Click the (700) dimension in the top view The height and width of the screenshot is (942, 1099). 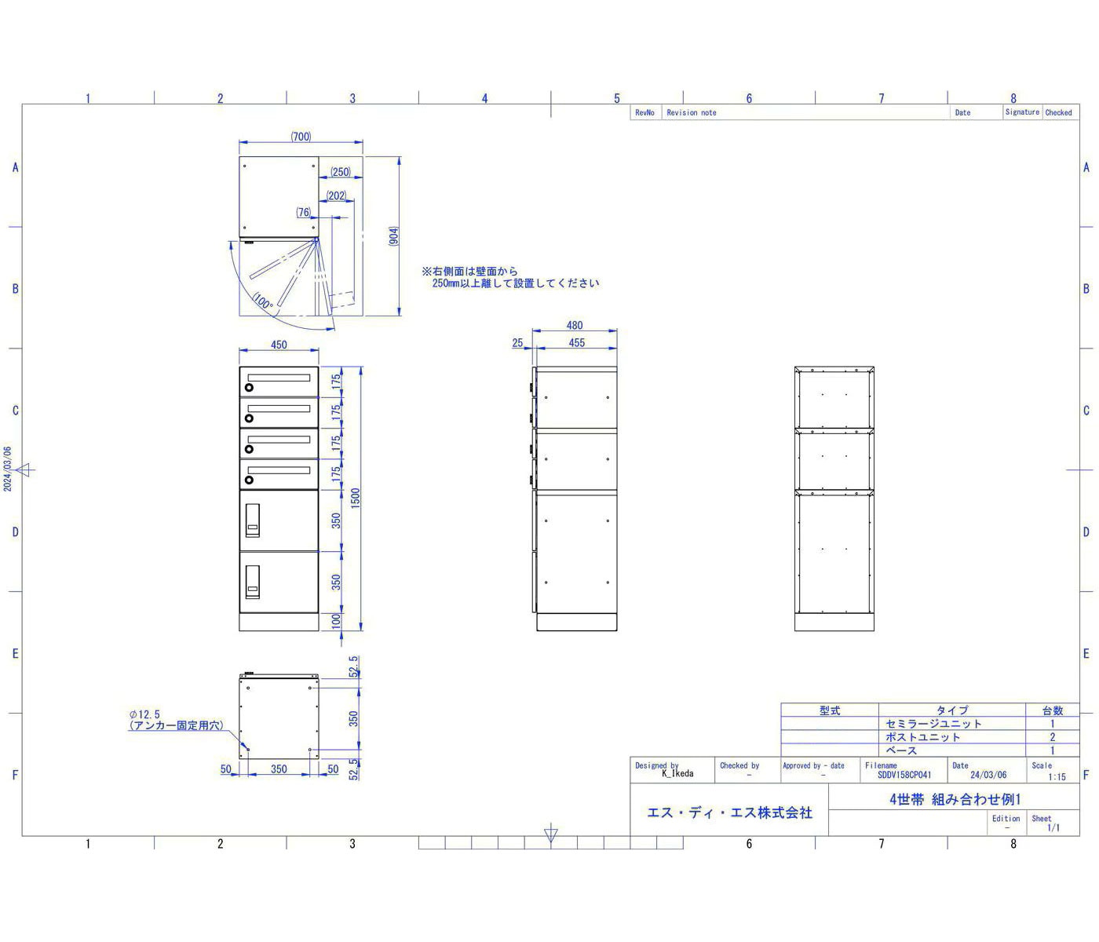301,137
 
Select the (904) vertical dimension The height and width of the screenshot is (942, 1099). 393,236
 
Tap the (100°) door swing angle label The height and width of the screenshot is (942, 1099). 263,301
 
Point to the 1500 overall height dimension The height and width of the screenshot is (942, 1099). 355,498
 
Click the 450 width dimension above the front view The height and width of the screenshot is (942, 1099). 279,345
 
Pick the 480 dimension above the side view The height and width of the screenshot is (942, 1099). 574,325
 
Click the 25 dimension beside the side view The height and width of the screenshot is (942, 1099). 517,343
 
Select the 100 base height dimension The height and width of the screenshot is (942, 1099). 336,621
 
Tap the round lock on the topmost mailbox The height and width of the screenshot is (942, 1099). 249,387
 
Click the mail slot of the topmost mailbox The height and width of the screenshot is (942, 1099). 279,378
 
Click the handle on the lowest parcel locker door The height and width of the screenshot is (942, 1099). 253,582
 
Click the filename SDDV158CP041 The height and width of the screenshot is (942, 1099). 904,775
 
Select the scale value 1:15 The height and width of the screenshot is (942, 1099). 1057,776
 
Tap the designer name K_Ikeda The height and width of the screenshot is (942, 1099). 677,773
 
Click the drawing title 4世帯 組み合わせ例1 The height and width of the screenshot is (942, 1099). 955,799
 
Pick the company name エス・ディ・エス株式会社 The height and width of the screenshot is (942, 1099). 729,812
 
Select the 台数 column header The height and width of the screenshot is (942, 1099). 1052,710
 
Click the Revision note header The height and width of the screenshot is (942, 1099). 692,113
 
